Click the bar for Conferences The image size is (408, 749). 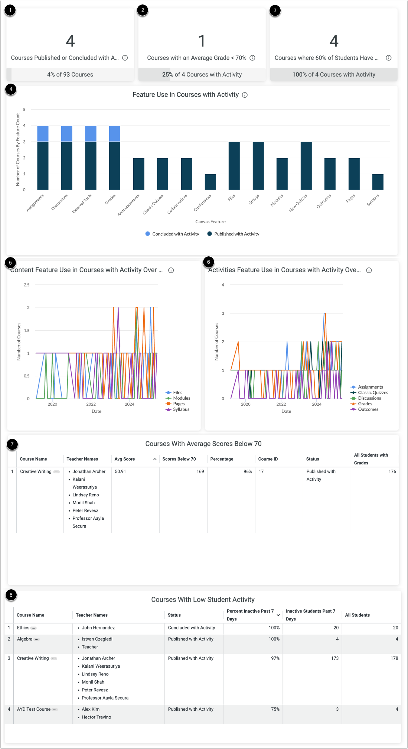[210, 182]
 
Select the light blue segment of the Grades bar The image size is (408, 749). [114, 134]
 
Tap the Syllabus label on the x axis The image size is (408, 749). [373, 200]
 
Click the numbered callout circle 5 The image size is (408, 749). [10, 263]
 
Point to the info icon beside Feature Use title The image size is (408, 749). [245, 95]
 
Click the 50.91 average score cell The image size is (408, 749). [120, 471]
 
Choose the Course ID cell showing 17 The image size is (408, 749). [261, 471]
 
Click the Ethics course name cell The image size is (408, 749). [23, 628]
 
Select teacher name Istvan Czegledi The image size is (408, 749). [97, 639]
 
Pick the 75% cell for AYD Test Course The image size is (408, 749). [275, 709]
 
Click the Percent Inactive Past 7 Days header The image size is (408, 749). [250, 615]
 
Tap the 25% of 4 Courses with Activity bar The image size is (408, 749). [202, 75]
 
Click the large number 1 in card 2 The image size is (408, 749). [202, 41]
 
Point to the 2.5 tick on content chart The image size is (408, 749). [27, 285]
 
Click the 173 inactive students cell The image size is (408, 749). [334, 658]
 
